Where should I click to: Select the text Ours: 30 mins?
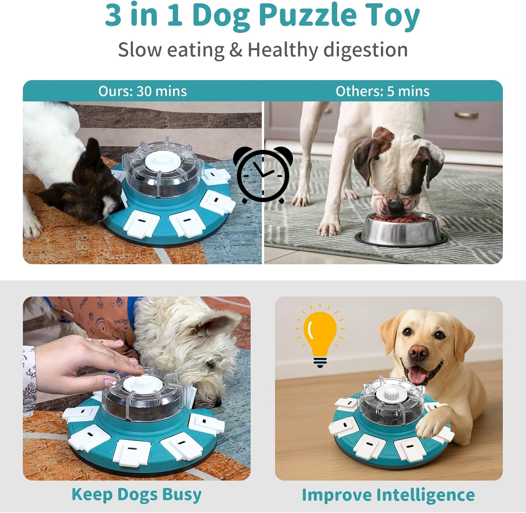(x=142, y=91)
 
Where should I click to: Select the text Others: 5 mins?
(x=382, y=91)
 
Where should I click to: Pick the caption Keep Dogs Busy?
(x=136, y=494)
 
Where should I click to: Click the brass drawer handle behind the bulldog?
(x=466, y=115)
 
